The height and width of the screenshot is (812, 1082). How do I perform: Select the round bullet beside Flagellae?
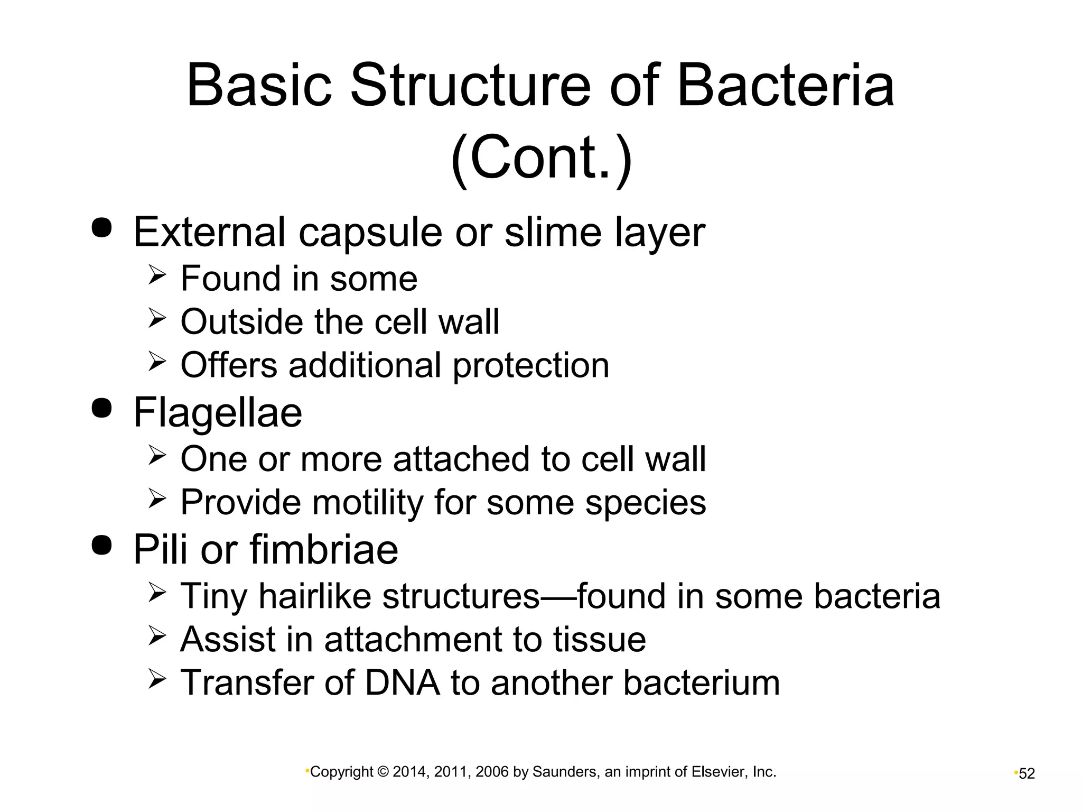102,408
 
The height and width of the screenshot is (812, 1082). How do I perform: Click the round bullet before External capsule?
102,227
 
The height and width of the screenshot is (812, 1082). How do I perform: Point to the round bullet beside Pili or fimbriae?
102,545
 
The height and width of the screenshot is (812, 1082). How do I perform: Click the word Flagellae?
218,413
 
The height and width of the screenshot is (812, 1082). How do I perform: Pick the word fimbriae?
324,550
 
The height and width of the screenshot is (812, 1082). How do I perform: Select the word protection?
531,365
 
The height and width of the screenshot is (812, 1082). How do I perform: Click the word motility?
368,502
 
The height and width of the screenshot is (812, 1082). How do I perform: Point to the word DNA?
402,682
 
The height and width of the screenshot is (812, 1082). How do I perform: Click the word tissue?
599,640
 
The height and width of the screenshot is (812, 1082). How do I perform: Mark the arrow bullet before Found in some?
157,275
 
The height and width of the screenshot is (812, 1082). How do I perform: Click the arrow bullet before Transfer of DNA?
157,679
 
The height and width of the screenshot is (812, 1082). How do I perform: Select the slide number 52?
1027,774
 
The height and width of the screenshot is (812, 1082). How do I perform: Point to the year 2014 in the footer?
409,772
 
